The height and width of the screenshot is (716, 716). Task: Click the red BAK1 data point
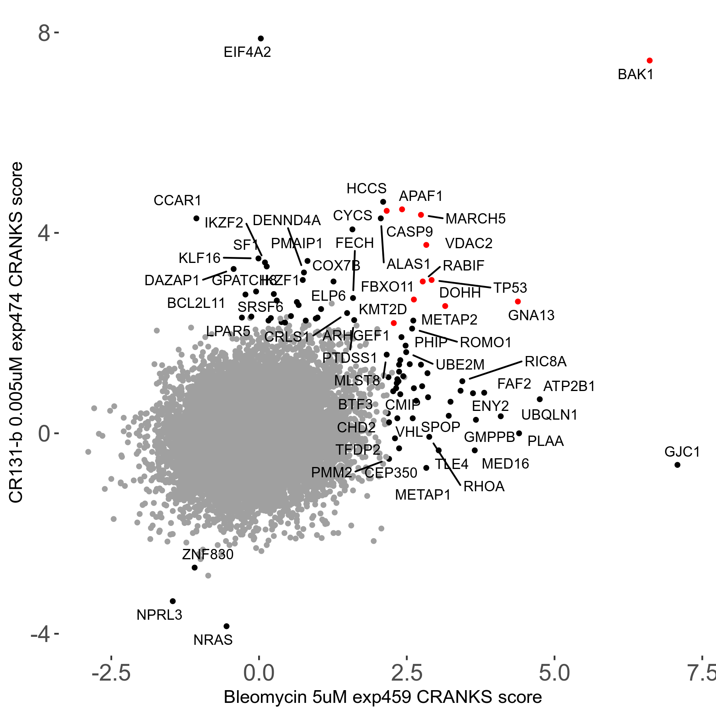point(650,60)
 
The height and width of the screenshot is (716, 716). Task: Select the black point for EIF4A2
point(261,39)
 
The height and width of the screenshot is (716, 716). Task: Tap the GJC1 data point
point(677,465)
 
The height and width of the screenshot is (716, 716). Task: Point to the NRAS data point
point(226,626)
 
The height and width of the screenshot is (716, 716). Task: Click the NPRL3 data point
point(173,601)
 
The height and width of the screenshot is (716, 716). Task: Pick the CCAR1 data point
point(196,218)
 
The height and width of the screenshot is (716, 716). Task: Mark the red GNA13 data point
point(518,302)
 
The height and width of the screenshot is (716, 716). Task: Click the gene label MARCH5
point(475,219)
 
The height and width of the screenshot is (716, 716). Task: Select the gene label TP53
point(510,288)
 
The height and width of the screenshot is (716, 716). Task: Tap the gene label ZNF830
point(208,554)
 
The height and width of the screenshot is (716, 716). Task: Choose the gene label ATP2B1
point(569,386)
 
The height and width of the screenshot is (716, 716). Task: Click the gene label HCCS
point(366,189)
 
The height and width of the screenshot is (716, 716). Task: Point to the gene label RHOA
point(484,486)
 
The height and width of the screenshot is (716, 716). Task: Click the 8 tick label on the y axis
point(44,33)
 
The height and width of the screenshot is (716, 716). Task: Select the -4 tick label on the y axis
point(40,634)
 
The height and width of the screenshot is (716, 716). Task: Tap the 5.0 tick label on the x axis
point(554,673)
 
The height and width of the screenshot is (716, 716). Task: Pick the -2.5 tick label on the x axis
point(111,673)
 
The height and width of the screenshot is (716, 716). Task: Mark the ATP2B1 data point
point(540,399)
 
